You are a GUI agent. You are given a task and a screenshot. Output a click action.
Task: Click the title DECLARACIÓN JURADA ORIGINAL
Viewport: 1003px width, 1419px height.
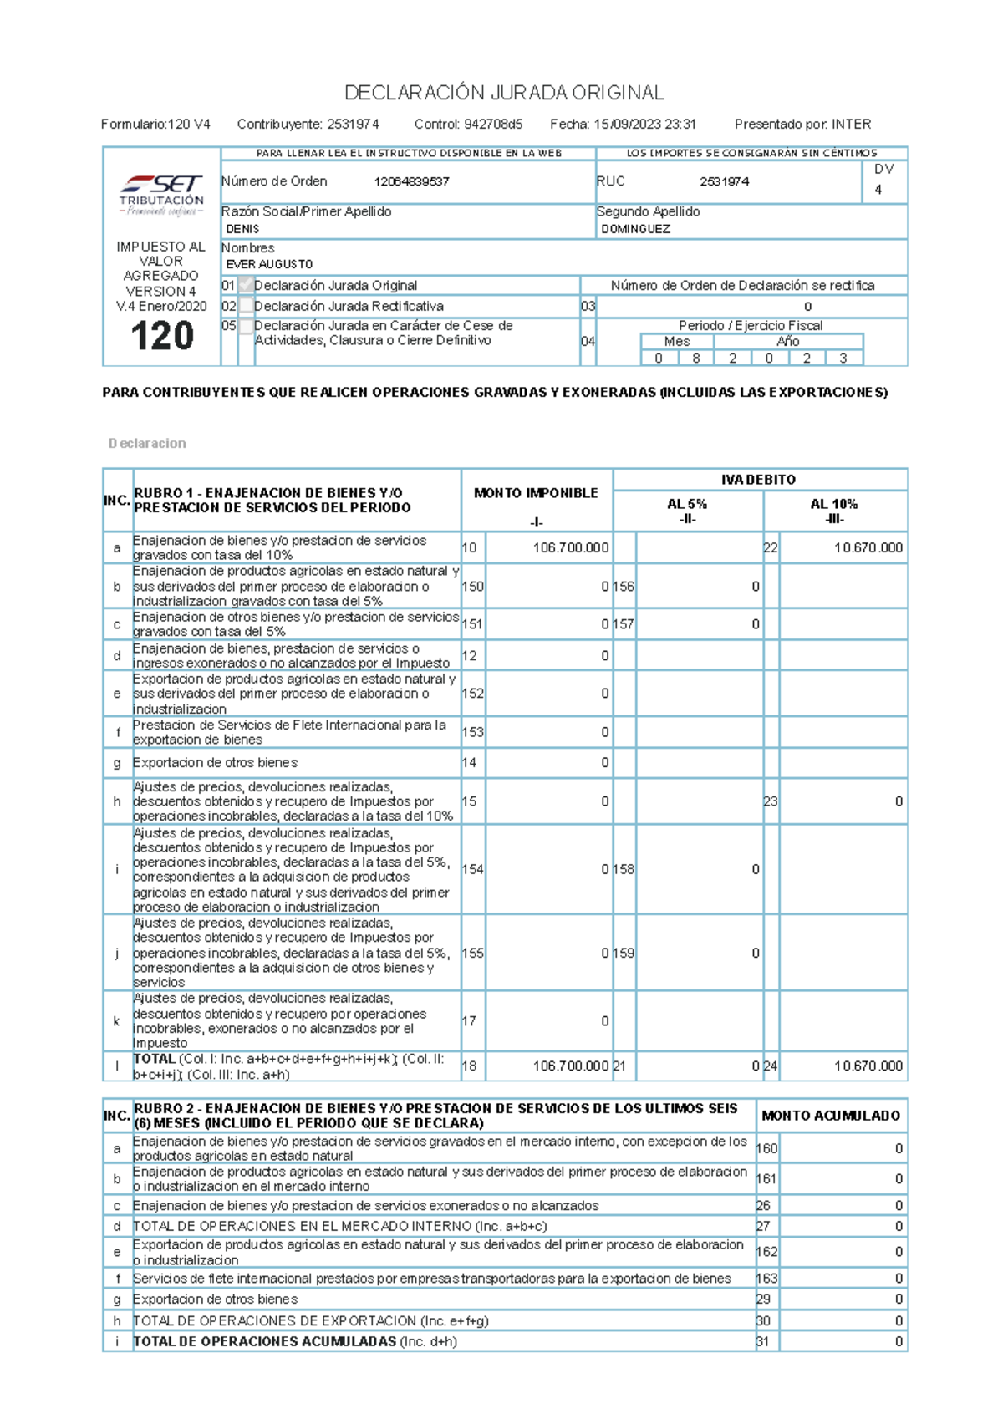click(504, 93)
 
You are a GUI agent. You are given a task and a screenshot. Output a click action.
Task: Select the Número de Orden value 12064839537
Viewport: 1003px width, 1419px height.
click(411, 181)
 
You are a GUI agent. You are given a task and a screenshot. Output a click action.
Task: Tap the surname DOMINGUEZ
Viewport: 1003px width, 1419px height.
click(635, 229)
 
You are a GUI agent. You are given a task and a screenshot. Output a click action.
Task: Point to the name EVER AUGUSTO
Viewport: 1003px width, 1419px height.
click(269, 264)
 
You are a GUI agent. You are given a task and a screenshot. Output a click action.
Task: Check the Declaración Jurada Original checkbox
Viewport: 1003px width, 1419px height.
click(246, 286)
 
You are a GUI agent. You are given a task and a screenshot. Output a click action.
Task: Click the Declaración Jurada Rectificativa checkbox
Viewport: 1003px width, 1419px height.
click(246, 307)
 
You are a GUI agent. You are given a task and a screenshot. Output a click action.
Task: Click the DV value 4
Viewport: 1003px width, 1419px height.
click(878, 190)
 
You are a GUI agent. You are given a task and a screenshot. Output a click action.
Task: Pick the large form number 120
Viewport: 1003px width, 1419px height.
click(162, 337)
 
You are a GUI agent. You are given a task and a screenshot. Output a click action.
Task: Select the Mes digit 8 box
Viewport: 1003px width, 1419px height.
click(695, 359)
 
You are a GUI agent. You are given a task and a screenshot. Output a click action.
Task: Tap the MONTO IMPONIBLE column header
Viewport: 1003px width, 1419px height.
click(536, 493)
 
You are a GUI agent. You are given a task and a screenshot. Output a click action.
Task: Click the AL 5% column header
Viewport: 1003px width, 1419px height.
click(687, 505)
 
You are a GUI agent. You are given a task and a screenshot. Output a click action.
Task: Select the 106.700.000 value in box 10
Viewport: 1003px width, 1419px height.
click(571, 548)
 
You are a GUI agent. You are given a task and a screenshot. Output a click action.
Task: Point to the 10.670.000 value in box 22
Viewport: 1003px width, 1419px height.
click(868, 548)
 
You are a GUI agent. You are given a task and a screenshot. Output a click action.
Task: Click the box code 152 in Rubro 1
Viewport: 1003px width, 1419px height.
click(472, 694)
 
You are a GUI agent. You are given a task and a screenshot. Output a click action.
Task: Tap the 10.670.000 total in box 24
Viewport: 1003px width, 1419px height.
click(868, 1066)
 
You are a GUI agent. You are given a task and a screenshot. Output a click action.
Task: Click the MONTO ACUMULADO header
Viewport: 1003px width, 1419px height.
click(831, 1116)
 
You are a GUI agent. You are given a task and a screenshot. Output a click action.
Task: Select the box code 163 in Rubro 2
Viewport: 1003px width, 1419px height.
click(766, 1279)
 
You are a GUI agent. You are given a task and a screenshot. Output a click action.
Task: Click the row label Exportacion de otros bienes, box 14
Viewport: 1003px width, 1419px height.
click(215, 763)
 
